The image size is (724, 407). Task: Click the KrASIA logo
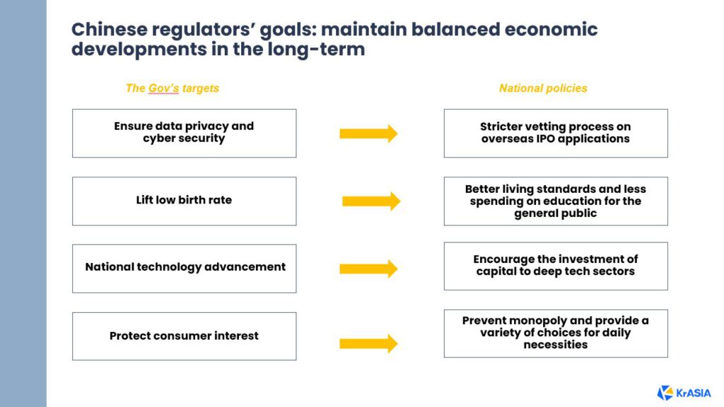[684, 393]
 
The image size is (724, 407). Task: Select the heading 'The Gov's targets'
[173, 88]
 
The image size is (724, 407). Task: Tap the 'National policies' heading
[543, 88]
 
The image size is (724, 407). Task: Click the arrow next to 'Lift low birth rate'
[371, 201]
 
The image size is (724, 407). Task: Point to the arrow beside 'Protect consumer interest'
[368, 343]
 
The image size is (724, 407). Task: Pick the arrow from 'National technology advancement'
[368, 269]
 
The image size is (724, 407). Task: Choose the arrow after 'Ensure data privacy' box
[368, 134]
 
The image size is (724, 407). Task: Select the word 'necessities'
[556, 345]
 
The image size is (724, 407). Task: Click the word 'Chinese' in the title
[110, 30]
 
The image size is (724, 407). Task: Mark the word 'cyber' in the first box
[158, 138]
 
